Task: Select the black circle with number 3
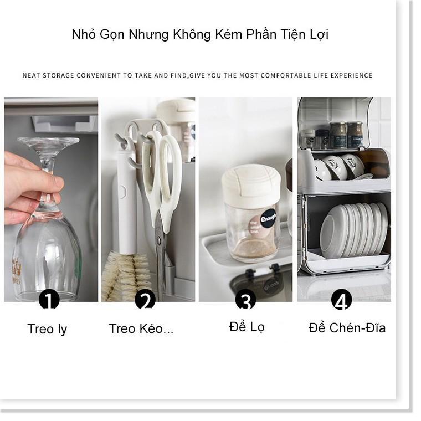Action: [x=245, y=301]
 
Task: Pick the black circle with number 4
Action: [x=342, y=301]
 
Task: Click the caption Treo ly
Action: [x=47, y=329]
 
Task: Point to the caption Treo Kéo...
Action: [x=141, y=328]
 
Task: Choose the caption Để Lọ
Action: [x=247, y=327]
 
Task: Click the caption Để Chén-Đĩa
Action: [x=347, y=328]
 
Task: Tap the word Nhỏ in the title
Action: [x=84, y=34]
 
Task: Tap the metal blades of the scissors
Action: [x=161, y=249]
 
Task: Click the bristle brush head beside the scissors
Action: [x=126, y=274]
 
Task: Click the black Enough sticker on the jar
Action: [x=269, y=218]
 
